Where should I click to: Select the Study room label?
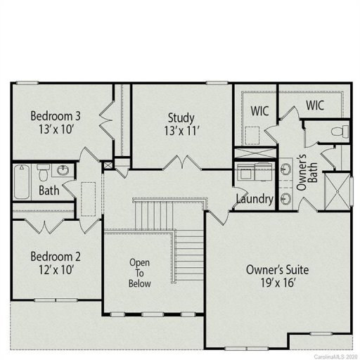pyautogui.click(x=181, y=117)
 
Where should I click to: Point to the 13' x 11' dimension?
pyautogui.click(x=181, y=131)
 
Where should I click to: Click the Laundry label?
pyautogui.click(x=255, y=199)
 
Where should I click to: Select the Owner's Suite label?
pyautogui.click(x=277, y=269)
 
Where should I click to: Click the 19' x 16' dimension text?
pyautogui.click(x=277, y=283)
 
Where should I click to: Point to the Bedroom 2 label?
pyautogui.click(x=52, y=256)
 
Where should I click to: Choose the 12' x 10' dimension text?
pyautogui.click(x=52, y=269)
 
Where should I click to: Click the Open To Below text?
pyautogui.click(x=139, y=273)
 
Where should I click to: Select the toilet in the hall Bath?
pyautogui.click(x=43, y=172)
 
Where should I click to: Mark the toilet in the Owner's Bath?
pyautogui.click(x=340, y=131)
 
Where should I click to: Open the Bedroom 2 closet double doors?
pyautogui.click(x=39, y=226)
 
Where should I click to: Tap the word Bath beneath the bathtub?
pyautogui.click(x=49, y=190)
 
